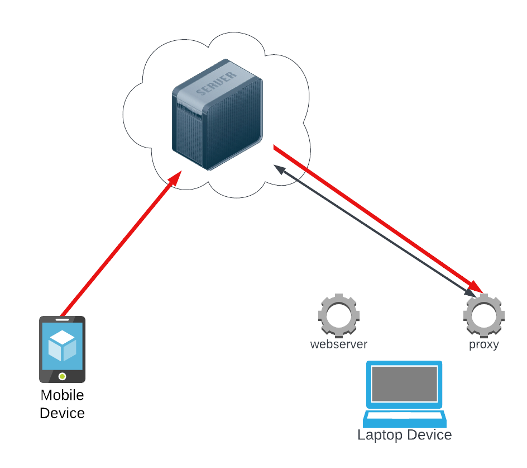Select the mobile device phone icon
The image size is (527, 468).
pos(62,349)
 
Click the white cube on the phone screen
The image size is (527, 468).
pos(62,346)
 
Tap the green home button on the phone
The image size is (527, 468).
pos(62,376)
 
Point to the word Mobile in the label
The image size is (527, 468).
pos(62,395)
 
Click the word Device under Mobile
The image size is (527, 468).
pos(62,413)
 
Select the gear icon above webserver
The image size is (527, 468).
pos(338,315)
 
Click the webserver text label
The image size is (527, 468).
pos(338,344)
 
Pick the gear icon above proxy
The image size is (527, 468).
pos(483,315)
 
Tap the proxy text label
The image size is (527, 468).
pos(483,344)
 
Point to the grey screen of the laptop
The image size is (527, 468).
pos(405,384)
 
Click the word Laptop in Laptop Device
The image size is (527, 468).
pos(381,435)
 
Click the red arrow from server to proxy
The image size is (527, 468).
pos(374,216)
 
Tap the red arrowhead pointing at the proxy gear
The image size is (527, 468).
pos(475,284)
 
